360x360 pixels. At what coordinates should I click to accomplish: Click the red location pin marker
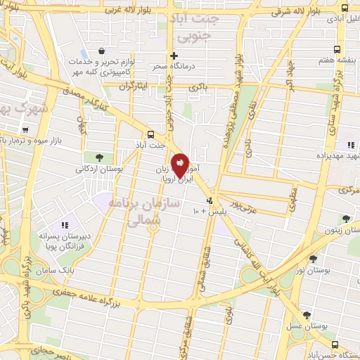pyautogui.click(x=181, y=165)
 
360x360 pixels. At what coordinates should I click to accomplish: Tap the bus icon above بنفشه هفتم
pyautogui.click(x=337, y=49)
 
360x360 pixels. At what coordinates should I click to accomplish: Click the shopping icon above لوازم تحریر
pyautogui.click(x=103, y=51)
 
